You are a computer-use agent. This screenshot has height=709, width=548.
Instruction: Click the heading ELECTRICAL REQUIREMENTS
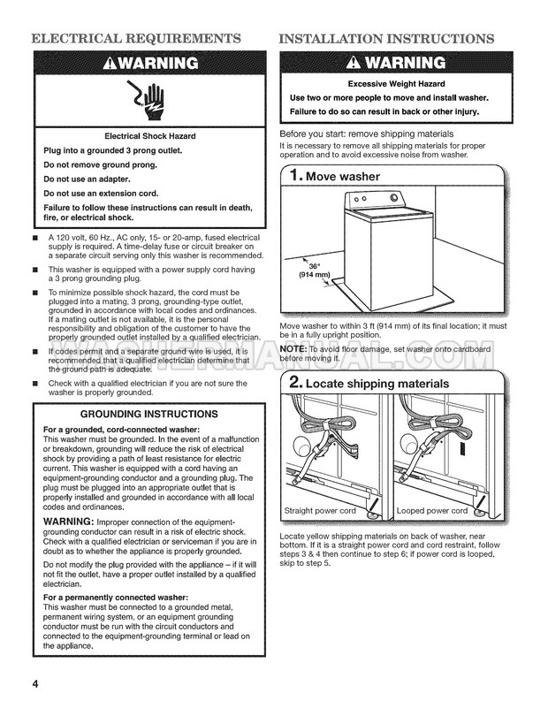point(135,39)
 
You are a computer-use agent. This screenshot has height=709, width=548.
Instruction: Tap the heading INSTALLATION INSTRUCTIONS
point(386,39)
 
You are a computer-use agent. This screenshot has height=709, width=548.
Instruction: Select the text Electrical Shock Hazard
point(150,136)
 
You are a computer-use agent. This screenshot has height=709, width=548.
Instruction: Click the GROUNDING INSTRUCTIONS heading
point(150,414)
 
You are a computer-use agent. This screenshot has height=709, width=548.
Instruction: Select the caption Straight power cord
point(320,511)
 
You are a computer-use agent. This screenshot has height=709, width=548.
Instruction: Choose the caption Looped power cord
point(432,511)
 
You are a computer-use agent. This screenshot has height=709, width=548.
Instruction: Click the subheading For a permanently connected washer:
point(120,598)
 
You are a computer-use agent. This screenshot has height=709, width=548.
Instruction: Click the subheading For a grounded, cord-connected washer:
point(122,430)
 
